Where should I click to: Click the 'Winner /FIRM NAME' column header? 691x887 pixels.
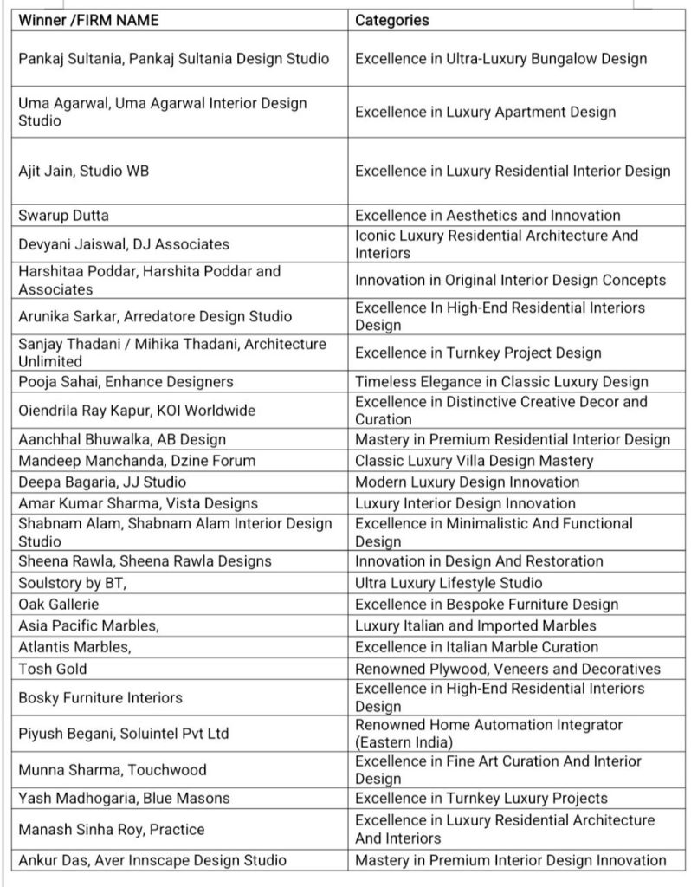click(88, 20)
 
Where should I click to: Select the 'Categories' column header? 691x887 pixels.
click(392, 20)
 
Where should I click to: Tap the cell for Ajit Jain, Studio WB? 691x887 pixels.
click(84, 172)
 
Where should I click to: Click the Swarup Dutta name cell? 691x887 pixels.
click(64, 215)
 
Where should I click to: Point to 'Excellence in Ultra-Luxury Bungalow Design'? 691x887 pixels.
click(500, 59)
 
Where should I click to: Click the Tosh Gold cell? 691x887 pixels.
click(53, 668)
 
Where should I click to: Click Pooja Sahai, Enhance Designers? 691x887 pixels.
click(126, 382)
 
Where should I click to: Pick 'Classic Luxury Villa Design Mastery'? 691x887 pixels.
click(474, 461)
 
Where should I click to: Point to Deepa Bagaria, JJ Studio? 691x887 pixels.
click(102, 482)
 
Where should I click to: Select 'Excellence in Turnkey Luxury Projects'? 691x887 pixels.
click(481, 798)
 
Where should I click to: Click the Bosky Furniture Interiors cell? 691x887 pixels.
click(100, 697)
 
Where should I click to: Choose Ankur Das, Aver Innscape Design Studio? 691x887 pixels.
click(152, 860)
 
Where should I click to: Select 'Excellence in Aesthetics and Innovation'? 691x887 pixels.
click(488, 215)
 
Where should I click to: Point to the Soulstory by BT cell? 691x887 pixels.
click(73, 583)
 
